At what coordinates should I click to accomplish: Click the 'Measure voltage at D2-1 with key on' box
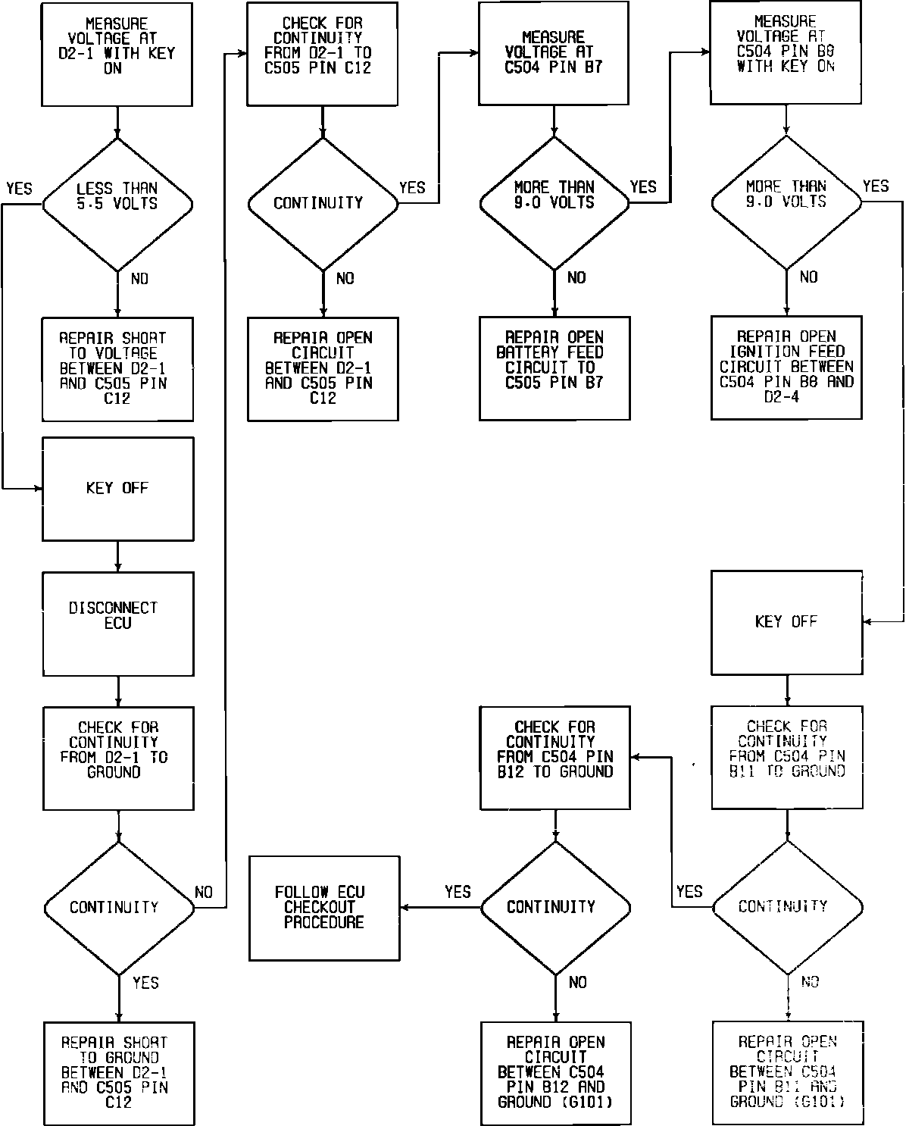pyautogui.click(x=117, y=54)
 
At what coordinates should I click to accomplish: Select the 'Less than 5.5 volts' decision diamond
pyautogui.click(x=117, y=204)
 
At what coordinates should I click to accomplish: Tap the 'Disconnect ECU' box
pyautogui.click(x=117, y=624)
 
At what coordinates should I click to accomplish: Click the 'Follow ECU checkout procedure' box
pyautogui.click(x=325, y=908)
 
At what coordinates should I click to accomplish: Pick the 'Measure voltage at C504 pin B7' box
pyautogui.click(x=554, y=53)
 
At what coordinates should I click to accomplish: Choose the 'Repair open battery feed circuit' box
pyautogui.click(x=554, y=368)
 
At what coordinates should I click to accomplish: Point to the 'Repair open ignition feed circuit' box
pyautogui.click(x=786, y=368)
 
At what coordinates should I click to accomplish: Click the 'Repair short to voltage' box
pyautogui.click(x=117, y=368)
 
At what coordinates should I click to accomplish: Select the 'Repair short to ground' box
pyautogui.click(x=117, y=1072)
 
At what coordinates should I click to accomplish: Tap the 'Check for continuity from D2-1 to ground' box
pyautogui.click(x=117, y=758)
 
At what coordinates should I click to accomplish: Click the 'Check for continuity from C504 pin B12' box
pyautogui.click(x=555, y=757)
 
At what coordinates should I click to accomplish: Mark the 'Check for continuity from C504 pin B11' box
pyautogui.click(x=787, y=757)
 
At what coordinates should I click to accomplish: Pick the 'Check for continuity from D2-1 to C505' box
pyautogui.click(x=323, y=53)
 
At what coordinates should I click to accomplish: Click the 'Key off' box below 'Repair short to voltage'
pyautogui.click(x=117, y=489)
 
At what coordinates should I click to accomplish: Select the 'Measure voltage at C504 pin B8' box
pyautogui.click(x=786, y=53)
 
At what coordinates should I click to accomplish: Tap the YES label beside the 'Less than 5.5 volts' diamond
pyautogui.click(x=19, y=188)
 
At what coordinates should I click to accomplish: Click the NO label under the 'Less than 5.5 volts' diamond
pyautogui.click(x=139, y=279)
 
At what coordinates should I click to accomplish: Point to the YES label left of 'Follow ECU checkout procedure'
pyautogui.click(x=458, y=892)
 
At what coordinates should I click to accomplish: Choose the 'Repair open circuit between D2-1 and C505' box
pyautogui.click(x=323, y=368)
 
